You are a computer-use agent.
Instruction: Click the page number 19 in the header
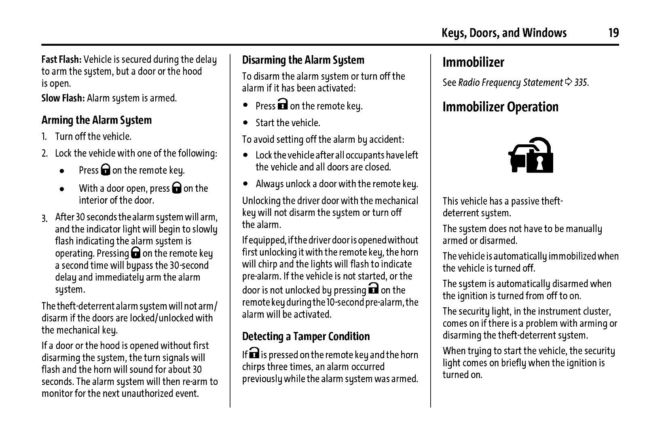(613, 33)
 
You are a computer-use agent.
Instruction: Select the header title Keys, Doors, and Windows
(504, 33)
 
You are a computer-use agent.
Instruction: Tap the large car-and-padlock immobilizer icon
(531, 155)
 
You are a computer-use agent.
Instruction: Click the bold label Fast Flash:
(61, 59)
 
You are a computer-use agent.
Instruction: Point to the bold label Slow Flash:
(63, 98)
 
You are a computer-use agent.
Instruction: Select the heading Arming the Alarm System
(96, 120)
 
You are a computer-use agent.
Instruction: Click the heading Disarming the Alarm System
(303, 60)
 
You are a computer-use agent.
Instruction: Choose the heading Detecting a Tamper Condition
(306, 336)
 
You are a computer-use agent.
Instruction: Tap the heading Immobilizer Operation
(500, 107)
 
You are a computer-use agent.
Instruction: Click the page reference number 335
(581, 82)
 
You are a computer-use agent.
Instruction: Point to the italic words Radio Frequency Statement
(510, 82)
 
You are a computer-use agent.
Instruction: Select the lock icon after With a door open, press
(176, 188)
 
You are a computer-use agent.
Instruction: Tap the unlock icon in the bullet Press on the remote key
(283, 104)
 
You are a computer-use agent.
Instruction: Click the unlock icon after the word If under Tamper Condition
(254, 353)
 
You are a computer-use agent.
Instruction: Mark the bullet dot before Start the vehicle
(245, 123)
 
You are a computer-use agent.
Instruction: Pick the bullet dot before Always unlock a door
(245, 184)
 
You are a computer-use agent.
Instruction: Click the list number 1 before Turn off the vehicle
(44, 137)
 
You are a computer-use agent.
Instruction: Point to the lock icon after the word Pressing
(136, 253)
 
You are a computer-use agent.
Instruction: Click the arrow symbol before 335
(569, 82)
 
